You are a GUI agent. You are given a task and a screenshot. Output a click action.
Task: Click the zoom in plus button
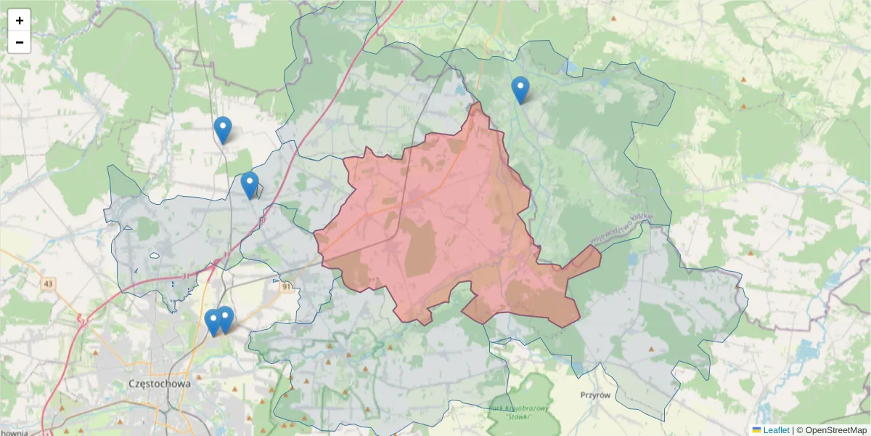(x=20, y=20)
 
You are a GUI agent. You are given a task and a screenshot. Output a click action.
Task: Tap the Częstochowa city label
(x=159, y=383)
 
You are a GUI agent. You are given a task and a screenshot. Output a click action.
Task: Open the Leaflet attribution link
(x=776, y=430)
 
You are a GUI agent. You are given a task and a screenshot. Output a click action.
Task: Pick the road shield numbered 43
(x=48, y=283)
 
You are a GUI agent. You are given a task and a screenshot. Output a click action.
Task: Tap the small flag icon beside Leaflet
(x=757, y=430)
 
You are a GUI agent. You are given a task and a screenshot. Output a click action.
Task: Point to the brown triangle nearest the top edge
(x=614, y=18)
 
